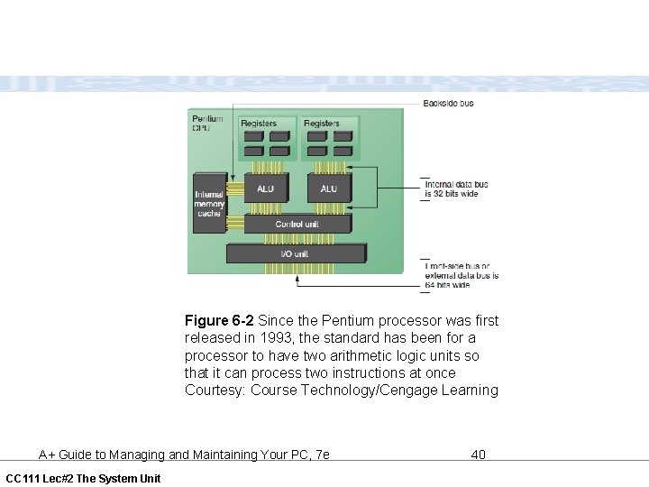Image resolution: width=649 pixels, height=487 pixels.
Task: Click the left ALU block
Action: [265, 188]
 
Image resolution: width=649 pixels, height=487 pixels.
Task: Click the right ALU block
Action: [328, 188]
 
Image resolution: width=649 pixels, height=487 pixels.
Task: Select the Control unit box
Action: [297, 224]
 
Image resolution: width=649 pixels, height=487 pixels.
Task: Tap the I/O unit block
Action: [295, 253]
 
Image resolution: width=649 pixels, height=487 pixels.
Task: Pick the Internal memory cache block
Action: [209, 203]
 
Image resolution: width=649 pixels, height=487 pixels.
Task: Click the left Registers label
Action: [259, 123]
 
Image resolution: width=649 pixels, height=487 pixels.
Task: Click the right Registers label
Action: [322, 123]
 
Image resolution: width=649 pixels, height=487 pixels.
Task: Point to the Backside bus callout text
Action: [448, 104]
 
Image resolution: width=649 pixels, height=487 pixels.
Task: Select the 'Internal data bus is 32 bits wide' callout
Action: [457, 189]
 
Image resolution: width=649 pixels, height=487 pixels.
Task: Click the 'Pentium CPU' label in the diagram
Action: [207, 123]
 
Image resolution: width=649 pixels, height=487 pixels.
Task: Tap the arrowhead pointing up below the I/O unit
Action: [298, 280]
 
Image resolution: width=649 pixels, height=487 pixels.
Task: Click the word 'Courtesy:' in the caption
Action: [215, 391]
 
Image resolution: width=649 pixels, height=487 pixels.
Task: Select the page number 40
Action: [479, 455]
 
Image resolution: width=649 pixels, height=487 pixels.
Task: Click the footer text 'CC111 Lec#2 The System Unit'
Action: [83, 478]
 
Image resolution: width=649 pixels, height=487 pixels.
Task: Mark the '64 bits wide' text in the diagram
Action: [448, 285]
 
